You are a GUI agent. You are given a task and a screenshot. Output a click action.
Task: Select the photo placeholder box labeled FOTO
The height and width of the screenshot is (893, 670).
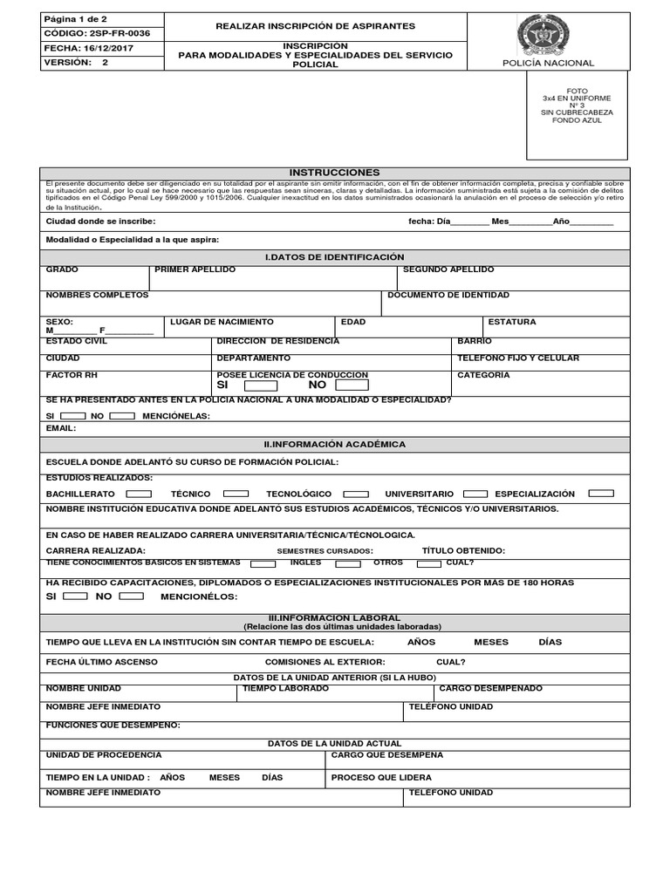pyautogui.click(x=577, y=115)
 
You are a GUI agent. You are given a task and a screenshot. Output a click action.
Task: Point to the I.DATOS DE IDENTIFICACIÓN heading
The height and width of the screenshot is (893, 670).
pyautogui.click(x=334, y=257)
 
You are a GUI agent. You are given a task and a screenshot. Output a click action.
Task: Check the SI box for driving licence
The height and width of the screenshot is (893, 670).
pyautogui.click(x=261, y=385)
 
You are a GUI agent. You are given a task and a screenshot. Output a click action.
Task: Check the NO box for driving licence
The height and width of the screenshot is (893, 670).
pyautogui.click(x=352, y=385)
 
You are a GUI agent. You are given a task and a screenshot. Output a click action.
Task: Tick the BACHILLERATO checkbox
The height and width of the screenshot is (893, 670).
pyautogui.click(x=134, y=494)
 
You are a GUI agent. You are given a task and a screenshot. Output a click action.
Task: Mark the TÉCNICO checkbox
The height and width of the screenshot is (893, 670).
pyautogui.click(x=236, y=494)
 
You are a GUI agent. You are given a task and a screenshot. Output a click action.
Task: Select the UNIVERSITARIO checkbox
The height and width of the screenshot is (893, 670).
pyautogui.click(x=475, y=494)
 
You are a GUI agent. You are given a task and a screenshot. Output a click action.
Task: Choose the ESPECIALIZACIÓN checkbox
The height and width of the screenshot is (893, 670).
pyautogui.click(x=601, y=494)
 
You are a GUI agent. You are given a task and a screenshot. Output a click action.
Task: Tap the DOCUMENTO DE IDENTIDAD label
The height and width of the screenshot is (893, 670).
pyautogui.click(x=448, y=295)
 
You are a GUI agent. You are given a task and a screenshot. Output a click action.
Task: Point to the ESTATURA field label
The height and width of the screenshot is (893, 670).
pyautogui.click(x=512, y=322)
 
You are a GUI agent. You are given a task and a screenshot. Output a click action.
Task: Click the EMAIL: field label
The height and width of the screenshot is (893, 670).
pyautogui.click(x=61, y=428)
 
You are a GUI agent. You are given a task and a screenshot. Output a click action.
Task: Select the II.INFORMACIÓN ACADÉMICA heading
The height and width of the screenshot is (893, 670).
pyautogui.click(x=334, y=444)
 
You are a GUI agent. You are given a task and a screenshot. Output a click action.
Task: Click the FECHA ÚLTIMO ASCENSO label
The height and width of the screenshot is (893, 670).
pyautogui.click(x=101, y=662)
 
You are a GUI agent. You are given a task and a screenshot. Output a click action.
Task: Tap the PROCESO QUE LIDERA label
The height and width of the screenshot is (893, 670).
pyautogui.click(x=381, y=777)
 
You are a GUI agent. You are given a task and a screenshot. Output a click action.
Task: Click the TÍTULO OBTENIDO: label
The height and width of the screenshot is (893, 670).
pyautogui.click(x=463, y=551)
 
